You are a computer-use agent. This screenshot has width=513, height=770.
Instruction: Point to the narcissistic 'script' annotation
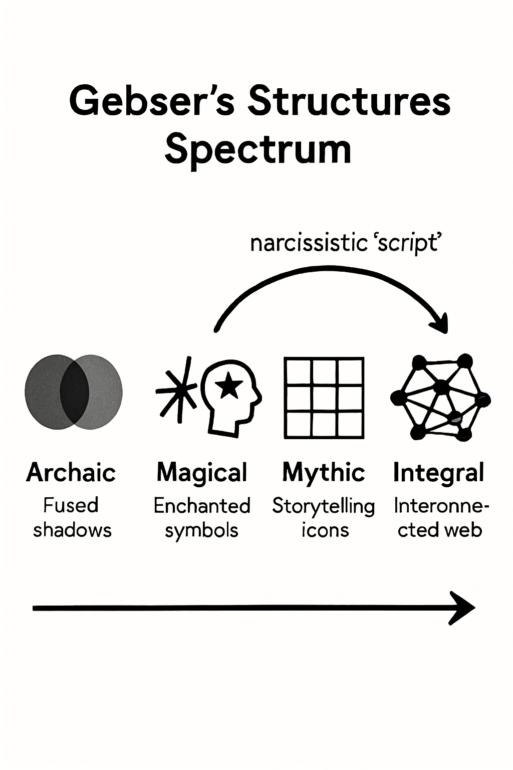pos(345,244)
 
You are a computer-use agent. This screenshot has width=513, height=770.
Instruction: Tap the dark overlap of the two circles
pos(74,392)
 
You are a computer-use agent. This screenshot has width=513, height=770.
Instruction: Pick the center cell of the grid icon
pos(324,399)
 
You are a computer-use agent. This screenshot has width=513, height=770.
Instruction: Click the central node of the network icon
pos(441,388)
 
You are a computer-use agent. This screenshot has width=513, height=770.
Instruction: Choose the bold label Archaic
pos(71,473)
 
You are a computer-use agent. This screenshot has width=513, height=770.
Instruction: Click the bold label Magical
pos(202,473)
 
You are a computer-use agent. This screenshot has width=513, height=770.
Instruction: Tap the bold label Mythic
pos(324,473)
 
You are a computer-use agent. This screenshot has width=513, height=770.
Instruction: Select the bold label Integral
pos(439,473)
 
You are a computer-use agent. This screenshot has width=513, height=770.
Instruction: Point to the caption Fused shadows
pos(72,517)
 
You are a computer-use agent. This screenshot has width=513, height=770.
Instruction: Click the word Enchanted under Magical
pos(202,506)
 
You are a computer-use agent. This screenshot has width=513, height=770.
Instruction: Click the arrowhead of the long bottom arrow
pos(463,608)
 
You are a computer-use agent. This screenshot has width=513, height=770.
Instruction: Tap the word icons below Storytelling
pos(325,530)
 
